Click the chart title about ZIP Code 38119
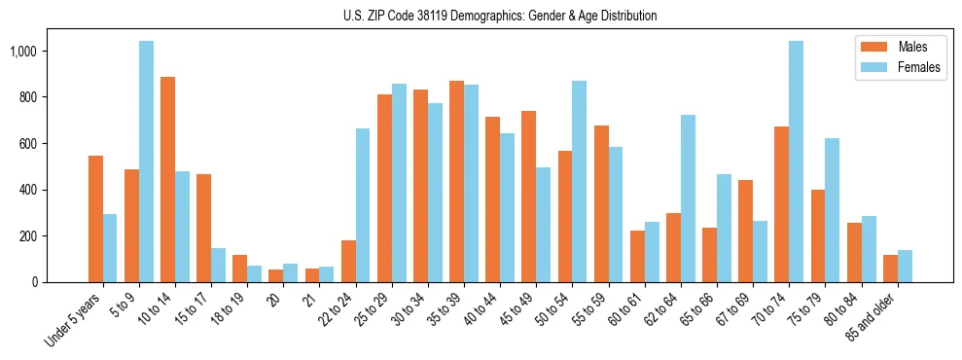[500, 16]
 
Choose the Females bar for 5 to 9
[146, 162]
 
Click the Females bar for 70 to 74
[796, 162]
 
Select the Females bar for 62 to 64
[688, 198]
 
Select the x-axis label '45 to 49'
[521, 309]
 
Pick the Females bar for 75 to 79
[832, 210]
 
